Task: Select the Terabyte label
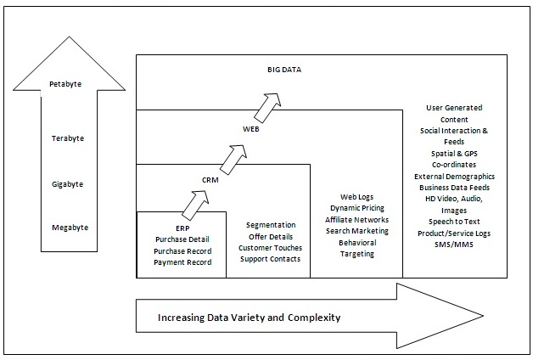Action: point(68,138)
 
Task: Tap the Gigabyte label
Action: point(69,183)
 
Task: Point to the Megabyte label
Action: point(69,228)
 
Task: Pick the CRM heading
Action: point(211,180)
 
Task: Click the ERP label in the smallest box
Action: point(182,228)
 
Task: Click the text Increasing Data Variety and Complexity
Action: point(249,318)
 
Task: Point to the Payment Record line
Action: point(182,262)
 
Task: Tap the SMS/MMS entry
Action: point(454,245)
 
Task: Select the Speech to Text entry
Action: point(454,222)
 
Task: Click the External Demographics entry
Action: point(455,176)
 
